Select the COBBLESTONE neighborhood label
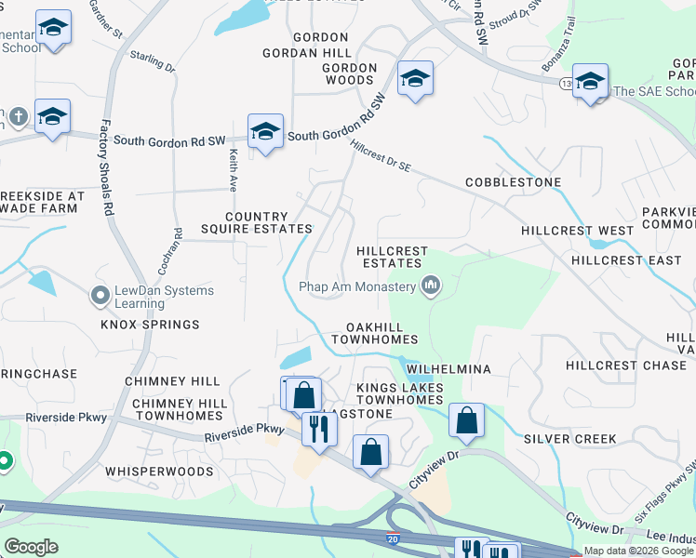click(514, 181)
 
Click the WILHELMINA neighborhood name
click(448, 368)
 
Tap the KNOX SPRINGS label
click(150, 325)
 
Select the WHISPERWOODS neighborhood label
click(159, 472)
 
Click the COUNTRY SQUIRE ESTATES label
click(255, 222)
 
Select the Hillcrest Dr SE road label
click(381, 155)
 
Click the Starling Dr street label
click(153, 62)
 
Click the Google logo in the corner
click(31, 547)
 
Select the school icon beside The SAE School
click(590, 83)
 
